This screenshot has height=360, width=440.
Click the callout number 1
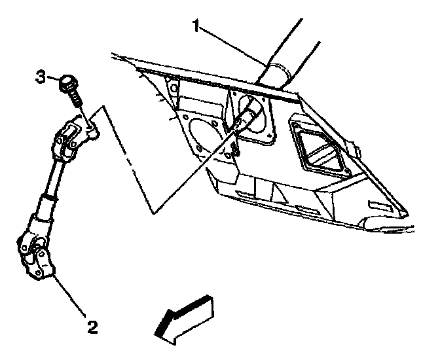194,26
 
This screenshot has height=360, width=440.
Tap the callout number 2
93,325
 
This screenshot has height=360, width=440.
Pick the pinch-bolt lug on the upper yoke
92,128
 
